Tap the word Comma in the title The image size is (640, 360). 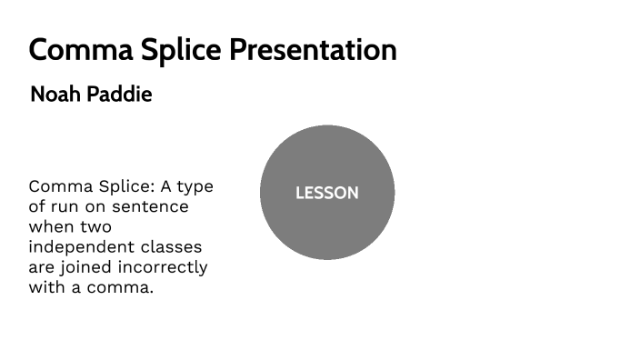coord(72,49)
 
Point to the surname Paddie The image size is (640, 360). coord(119,95)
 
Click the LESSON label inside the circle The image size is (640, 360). coord(327,193)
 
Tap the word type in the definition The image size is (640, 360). coord(195,187)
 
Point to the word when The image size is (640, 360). coord(51,226)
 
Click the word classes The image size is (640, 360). coord(173,247)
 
